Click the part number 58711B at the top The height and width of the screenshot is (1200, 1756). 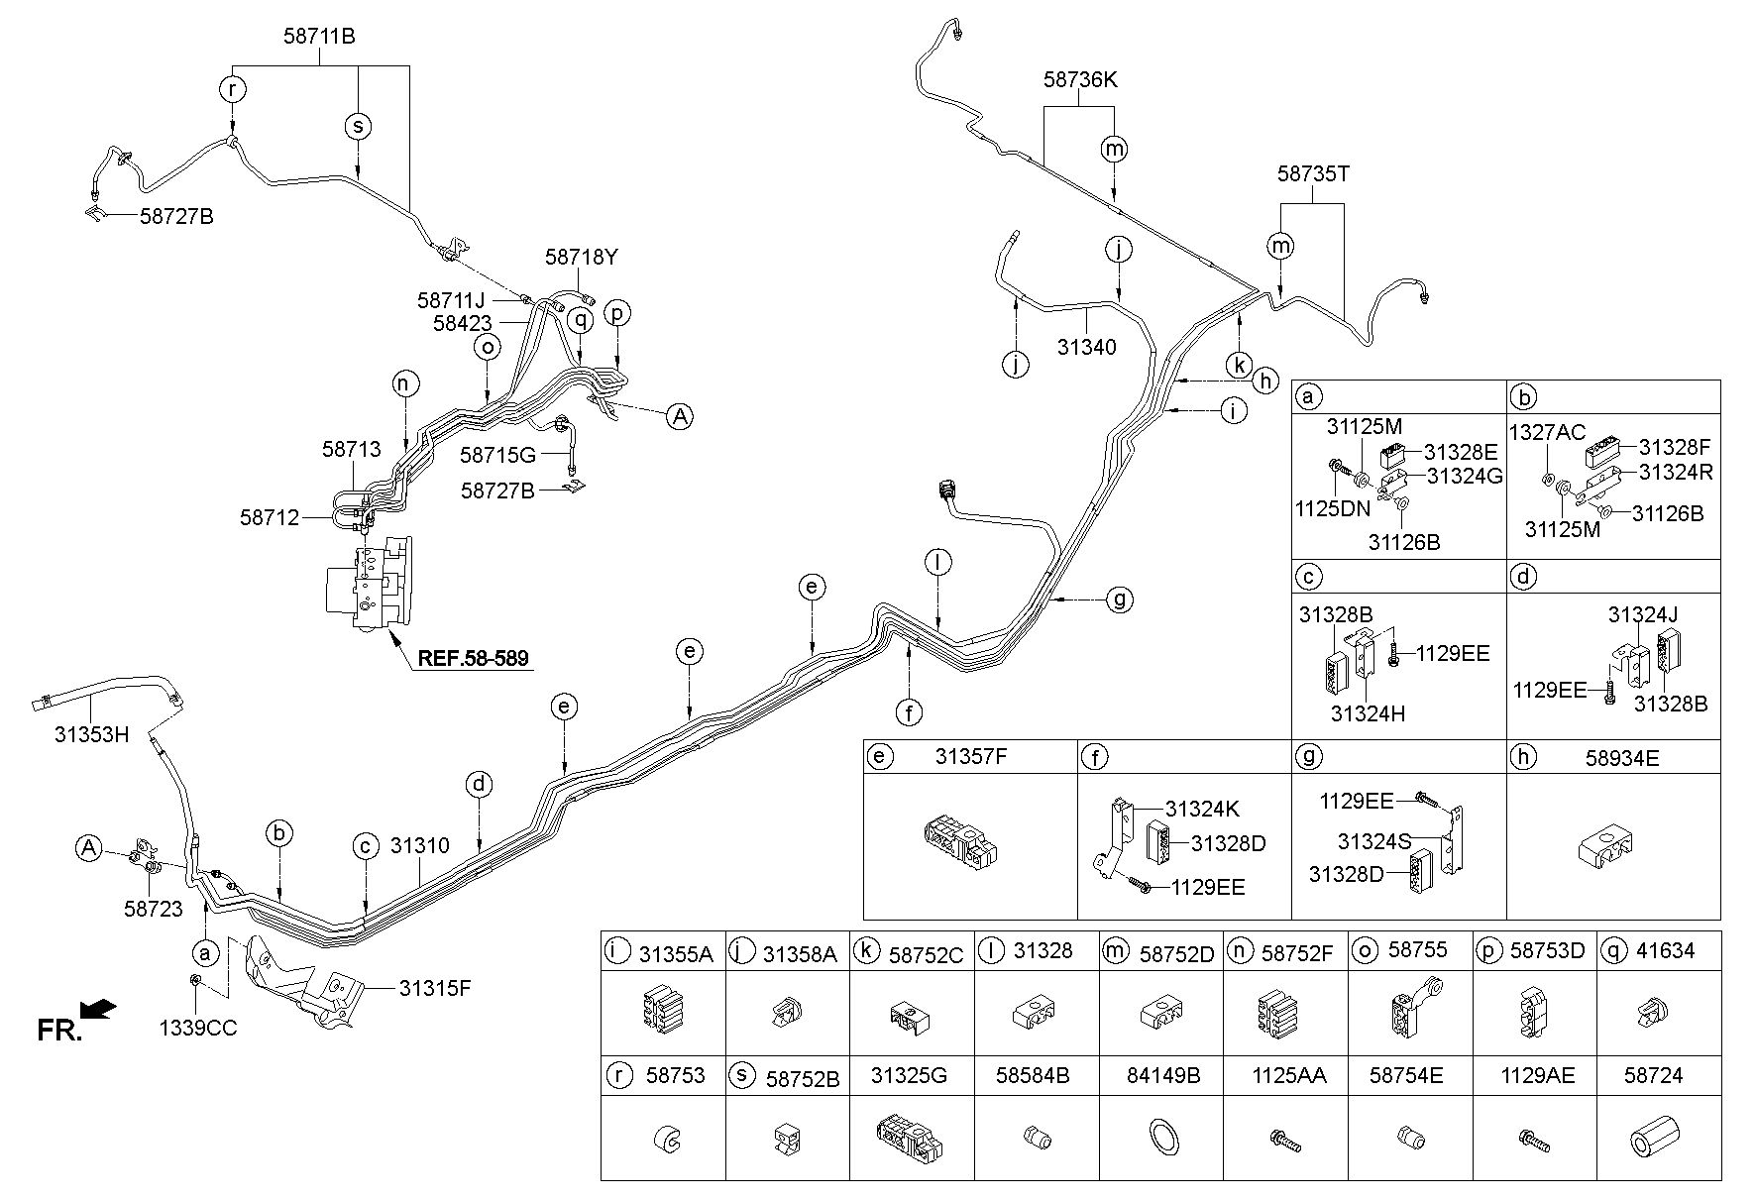tap(319, 37)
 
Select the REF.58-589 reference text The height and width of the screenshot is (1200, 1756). tap(474, 657)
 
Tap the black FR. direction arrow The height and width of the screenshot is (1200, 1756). tap(98, 1010)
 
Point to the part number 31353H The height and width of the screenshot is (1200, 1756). tap(91, 734)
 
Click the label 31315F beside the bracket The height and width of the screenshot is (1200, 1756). tap(436, 987)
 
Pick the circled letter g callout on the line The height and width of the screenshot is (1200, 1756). tap(1119, 600)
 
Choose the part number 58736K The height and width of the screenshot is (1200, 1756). tap(1080, 79)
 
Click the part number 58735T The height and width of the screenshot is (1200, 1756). tap(1313, 174)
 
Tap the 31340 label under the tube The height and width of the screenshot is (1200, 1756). tap(1086, 347)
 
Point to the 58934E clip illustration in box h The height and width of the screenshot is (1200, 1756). tap(1606, 845)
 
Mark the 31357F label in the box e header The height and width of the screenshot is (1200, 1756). tap(971, 758)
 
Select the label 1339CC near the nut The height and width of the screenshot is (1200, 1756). tap(198, 1029)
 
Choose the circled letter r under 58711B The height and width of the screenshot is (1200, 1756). tap(232, 89)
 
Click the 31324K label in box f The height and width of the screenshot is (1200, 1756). tap(1202, 810)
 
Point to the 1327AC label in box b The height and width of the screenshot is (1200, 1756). tap(1547, 433)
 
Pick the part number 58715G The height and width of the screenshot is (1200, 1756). tap(497, 456)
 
